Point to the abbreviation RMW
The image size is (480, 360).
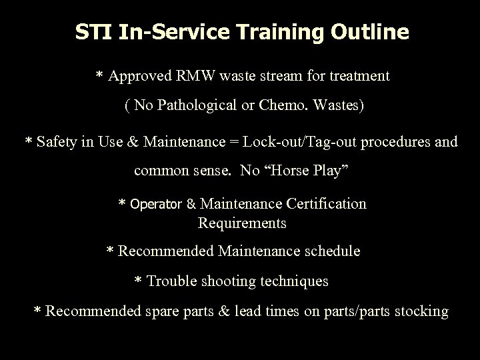pyautogui.click(x=193, y=76)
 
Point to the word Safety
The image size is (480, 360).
pyautogui.click(x=58, y=141)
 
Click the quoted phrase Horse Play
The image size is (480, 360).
pyautogui.click(x=305, y=171)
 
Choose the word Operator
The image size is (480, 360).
pyautogui.click(x=156, y=203)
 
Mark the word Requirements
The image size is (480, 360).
pyautogui.click(x=242, y=223)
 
